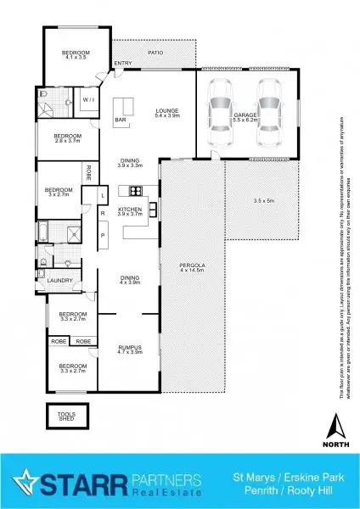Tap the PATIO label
(155, 53)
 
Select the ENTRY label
(122, 63)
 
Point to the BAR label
(121, 120)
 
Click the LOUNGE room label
(166, 112)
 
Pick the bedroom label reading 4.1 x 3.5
(75, 57)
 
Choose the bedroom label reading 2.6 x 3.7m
(68, 139)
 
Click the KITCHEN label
(129, 211)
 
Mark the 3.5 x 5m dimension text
(265, 200)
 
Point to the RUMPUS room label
(129, 348)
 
